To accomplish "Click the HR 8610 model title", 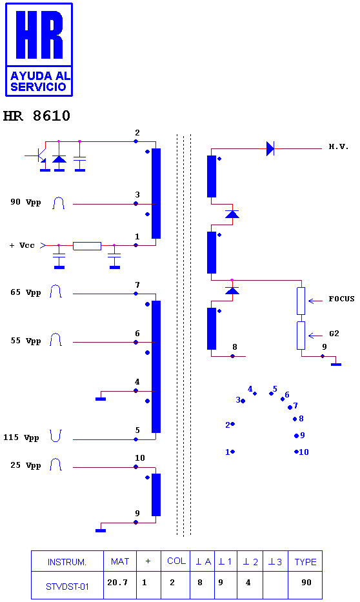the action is click(x=37, y=116).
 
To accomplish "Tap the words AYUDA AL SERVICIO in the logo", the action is click(x=39, y=81).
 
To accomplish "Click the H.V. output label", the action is click(x=339, y=146).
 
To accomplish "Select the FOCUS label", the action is click(x=341, y=299).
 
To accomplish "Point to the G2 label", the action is click(x=334, y=333).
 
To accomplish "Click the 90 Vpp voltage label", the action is click(x=26, y=203).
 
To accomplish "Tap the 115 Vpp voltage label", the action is click(x=21, y=437).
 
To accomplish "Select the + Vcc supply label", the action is click(x=22, y=245).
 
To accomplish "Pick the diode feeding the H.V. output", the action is click(x=270, y=148).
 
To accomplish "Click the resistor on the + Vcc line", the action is click(x=87, y=246).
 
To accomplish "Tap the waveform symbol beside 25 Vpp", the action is click(x=56, y=465).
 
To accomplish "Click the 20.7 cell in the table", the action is click(x=117, y=583).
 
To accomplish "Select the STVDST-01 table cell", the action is click(x=67, y=587).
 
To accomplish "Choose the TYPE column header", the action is click(x=306, y=562).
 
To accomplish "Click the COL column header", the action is click(x=176, y=561).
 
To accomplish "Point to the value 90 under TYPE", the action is click(x=306, y=583).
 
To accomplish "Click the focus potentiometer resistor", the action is click(x=301, y=301).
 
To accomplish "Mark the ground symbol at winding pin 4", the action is click(x=101, y=399).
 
